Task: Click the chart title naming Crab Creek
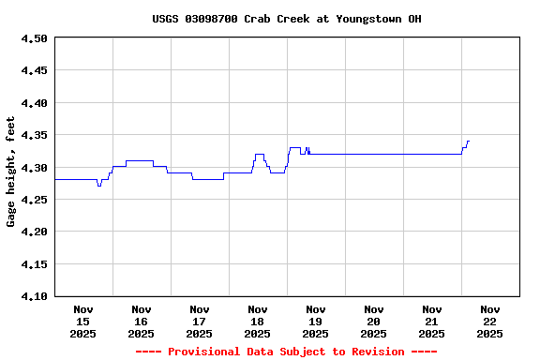(287, 19)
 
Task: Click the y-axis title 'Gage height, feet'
(11, 172)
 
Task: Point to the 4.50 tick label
(34, 38)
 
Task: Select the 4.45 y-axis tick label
(34, 70)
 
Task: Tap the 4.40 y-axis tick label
(34, 103)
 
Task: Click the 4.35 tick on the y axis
(34, 135)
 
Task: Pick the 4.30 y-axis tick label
(34, 168)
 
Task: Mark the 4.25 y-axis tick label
(34, 200)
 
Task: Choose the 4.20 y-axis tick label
(34, 232)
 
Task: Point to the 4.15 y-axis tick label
(34, 264)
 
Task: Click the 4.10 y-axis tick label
(34, 296)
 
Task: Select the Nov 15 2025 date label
(83, 321)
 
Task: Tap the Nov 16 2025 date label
(142, 321)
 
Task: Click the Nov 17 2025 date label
(200, 321)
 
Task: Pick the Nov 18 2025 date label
(258, 321)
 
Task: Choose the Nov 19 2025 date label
(316, 321)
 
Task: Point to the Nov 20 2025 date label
(374, 321)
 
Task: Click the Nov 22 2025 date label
(490, 321)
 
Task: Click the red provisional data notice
(287, 352)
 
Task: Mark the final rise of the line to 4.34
(467, 142)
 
